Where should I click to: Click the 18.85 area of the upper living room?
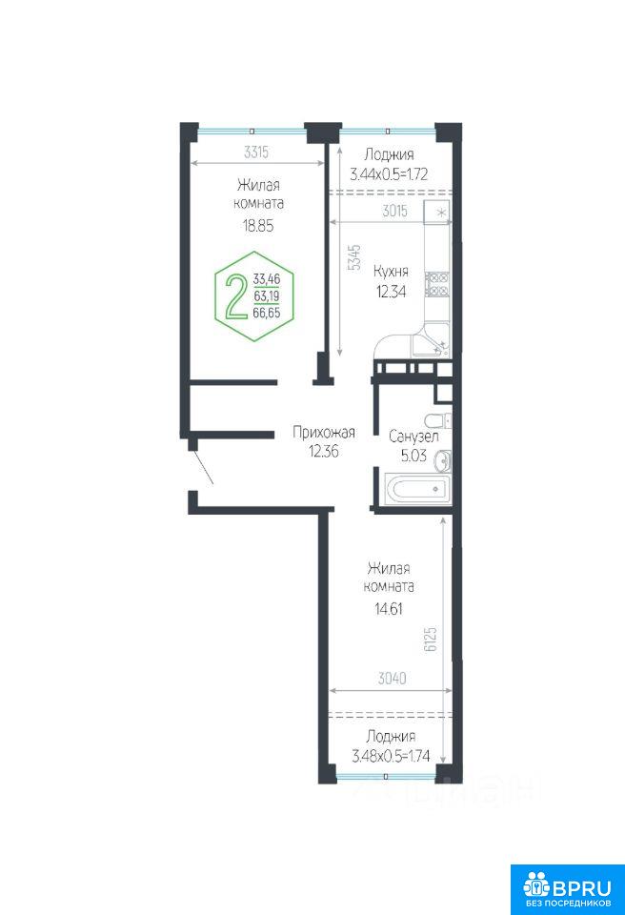tap(258, 226)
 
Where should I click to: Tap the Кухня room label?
tap(391, 272)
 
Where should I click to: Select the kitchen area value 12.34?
tap(391, 292)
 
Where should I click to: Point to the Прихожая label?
tap(323, 433)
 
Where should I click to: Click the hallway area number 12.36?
tap(324, 451)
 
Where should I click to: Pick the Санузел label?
tap(413, 437)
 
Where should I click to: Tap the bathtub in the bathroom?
tap(418, 488)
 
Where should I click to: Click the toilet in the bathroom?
tap(437, 420)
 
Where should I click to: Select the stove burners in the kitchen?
tap(437, 284)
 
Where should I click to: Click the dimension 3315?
tap(256, 152)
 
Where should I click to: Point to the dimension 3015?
tap(395, 211)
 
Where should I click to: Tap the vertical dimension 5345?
tap(354, 257)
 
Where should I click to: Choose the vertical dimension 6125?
tap(431, 640)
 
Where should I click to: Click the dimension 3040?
tap(393, 678)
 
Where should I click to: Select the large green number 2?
tap(235, 296)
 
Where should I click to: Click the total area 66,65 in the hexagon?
tap(267, 313)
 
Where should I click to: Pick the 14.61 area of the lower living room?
tap(389, 609)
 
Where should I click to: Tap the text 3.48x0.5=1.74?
tap(391, 756)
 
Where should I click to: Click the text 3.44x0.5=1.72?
tap(389, 173)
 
